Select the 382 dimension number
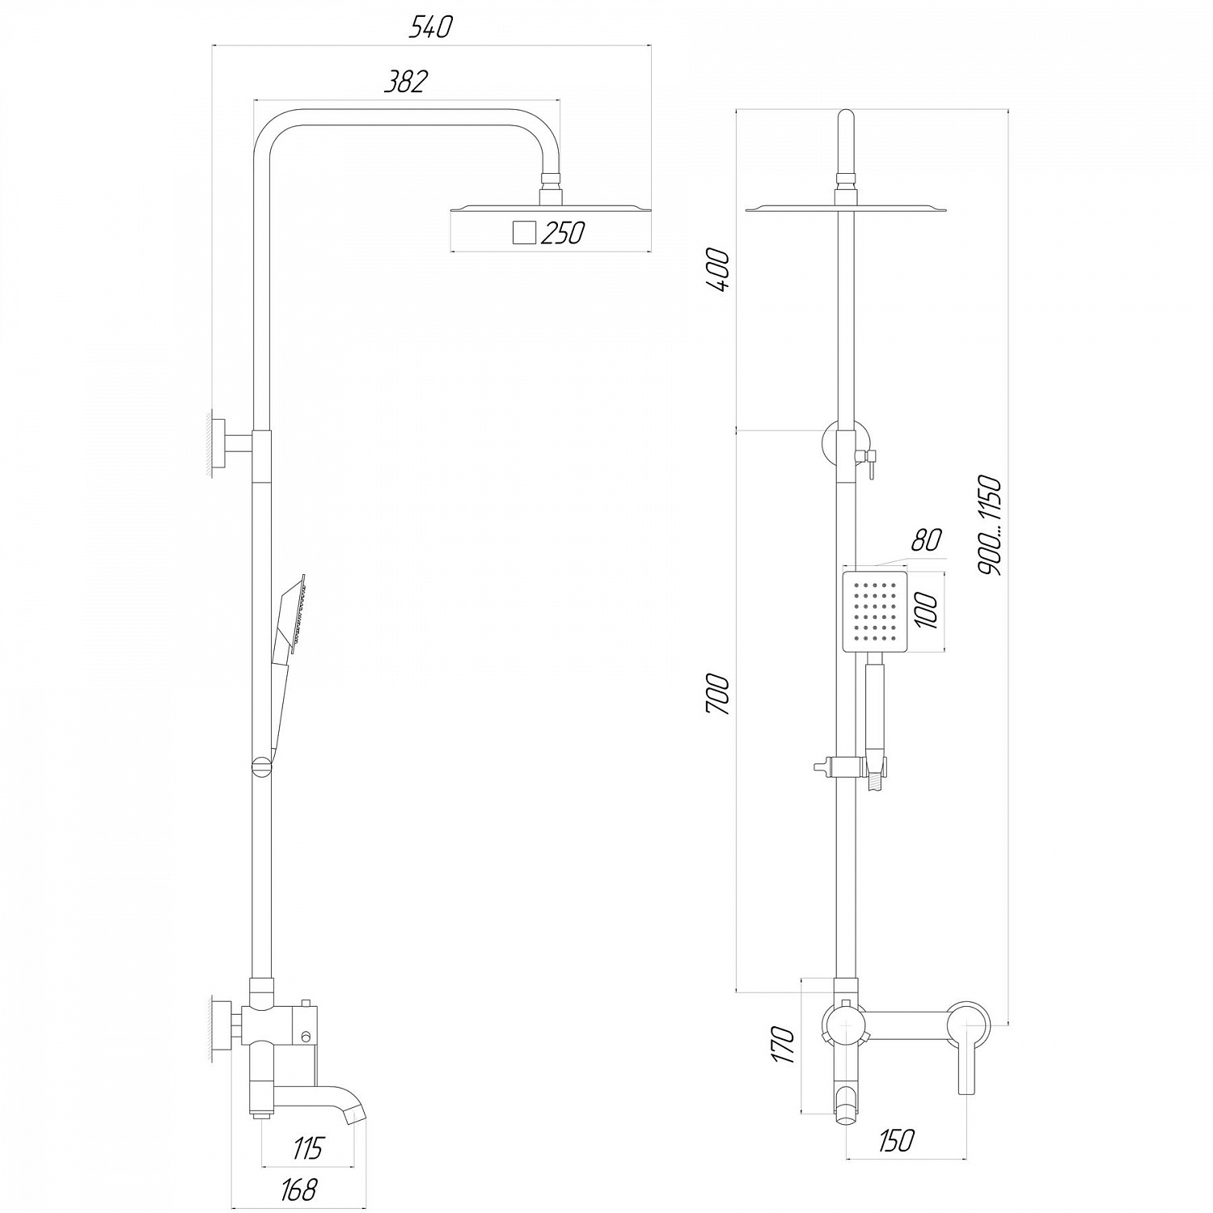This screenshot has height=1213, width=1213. click(405, 82)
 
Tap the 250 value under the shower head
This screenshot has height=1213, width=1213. click(563, 233)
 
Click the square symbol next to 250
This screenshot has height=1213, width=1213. click(524, 233)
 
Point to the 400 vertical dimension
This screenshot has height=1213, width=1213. click(719, 271)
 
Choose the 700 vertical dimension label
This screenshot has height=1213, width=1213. click(719, 694)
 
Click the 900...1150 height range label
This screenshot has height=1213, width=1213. click(990, 526)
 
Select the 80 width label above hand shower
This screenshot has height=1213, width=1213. click(927, 540)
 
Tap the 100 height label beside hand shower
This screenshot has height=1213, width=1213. click(928, 611)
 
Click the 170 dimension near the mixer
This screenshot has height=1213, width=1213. click(783, 1045)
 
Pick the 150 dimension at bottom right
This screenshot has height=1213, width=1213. click(895, 1140)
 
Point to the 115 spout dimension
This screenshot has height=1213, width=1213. click(307, 1148)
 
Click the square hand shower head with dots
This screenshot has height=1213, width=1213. click(875, 611)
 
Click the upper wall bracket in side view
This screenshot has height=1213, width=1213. click(228, 445)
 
